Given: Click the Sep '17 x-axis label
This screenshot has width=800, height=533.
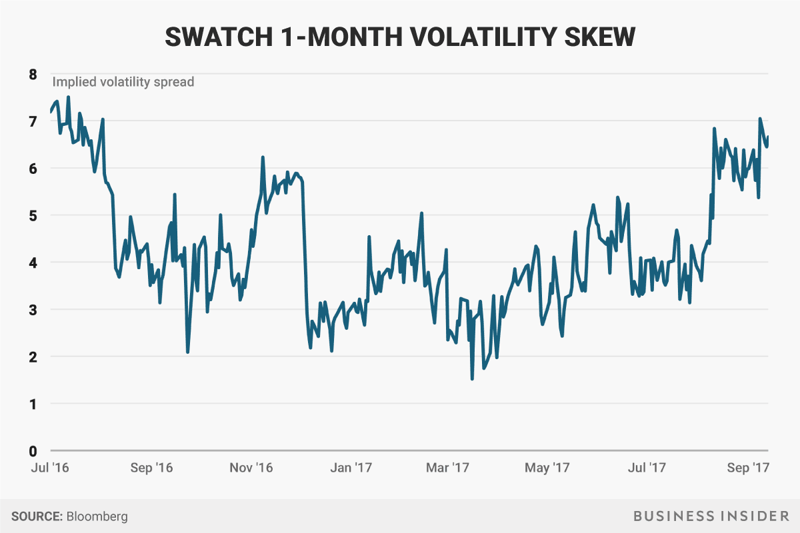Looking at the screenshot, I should (749, 468).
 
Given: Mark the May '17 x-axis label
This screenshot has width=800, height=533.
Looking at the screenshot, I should (548, 468).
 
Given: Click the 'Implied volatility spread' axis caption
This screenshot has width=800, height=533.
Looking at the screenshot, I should (123, 83).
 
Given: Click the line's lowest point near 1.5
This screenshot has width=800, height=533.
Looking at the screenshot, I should (472, 378).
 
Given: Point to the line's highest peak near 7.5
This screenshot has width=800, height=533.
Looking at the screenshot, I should (68, 97).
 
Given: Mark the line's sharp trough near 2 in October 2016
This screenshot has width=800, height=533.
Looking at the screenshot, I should (188, 352).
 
